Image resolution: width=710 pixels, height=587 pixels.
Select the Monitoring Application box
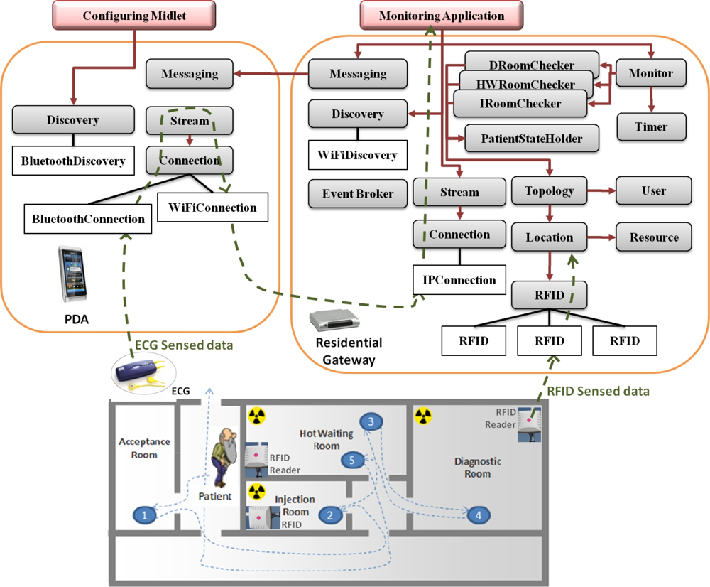(x=441, y=16)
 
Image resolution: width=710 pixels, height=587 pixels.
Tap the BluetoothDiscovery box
(x=72, y=161)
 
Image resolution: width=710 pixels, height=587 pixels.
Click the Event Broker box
(x=357, y=193)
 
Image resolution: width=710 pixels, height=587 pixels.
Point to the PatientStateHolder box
(x=531, y=139)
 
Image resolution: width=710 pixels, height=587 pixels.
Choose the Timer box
(x=651, y=127)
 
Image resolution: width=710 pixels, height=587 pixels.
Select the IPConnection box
(x=459, y=280)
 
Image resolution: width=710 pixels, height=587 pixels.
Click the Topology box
(x=550, y=190)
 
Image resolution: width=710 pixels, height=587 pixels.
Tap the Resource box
(x=652, y=237)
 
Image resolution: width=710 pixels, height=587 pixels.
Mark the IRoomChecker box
(x=520, y=104)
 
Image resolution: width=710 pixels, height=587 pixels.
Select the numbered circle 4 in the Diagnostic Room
(x=479, y=515)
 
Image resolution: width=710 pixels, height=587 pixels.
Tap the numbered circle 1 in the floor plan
(x=145, y=515)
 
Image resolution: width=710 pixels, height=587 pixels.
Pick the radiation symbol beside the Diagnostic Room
(x=423, y=415)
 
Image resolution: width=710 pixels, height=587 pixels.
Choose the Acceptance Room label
(x=144, y=448)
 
